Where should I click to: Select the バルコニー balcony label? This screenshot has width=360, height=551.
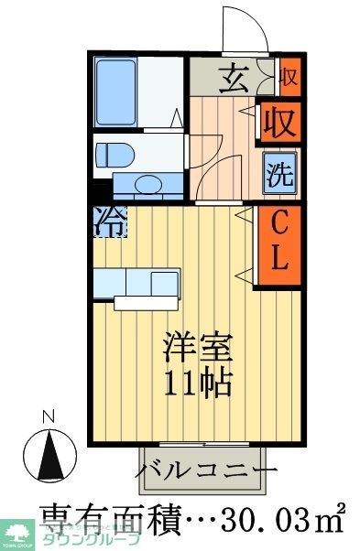pyautogui.click(x=206, y=472)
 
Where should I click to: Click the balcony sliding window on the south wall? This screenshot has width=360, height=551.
pyautogui.click(x=202, y=445)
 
